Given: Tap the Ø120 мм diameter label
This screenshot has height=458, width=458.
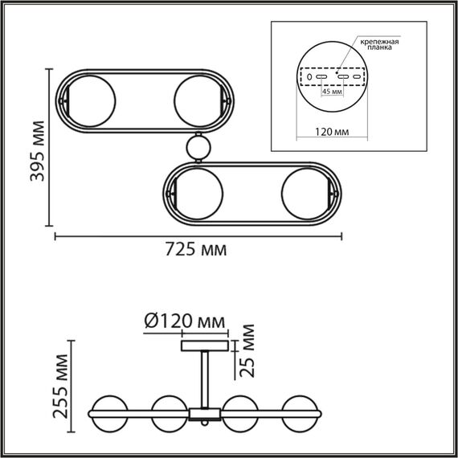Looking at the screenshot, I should coord(184,322).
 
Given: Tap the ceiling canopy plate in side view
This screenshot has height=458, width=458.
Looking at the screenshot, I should coord(206,346).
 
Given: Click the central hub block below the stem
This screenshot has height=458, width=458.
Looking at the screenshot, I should coord(205,413).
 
